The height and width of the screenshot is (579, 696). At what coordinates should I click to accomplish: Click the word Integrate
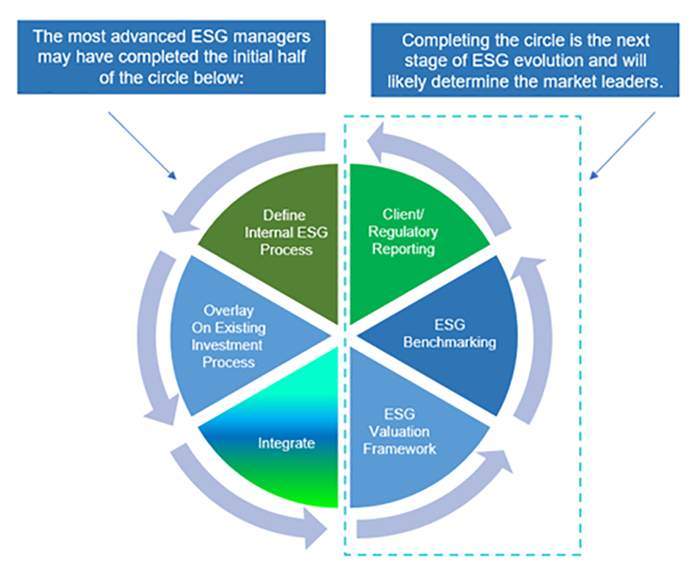pyautogui.click(x=286, y=443)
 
